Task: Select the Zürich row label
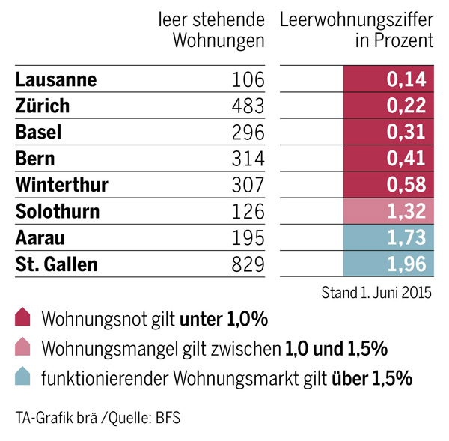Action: [x=43, y=106]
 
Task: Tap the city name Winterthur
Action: [x=61, y=185]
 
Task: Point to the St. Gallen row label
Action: [x=57, y=264]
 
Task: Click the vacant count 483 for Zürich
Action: [x=244, y=106]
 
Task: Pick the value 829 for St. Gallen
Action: [x=244, y=264]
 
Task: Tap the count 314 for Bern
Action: [x=244, y=159]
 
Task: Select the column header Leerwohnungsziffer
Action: [x=356, y=20]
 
